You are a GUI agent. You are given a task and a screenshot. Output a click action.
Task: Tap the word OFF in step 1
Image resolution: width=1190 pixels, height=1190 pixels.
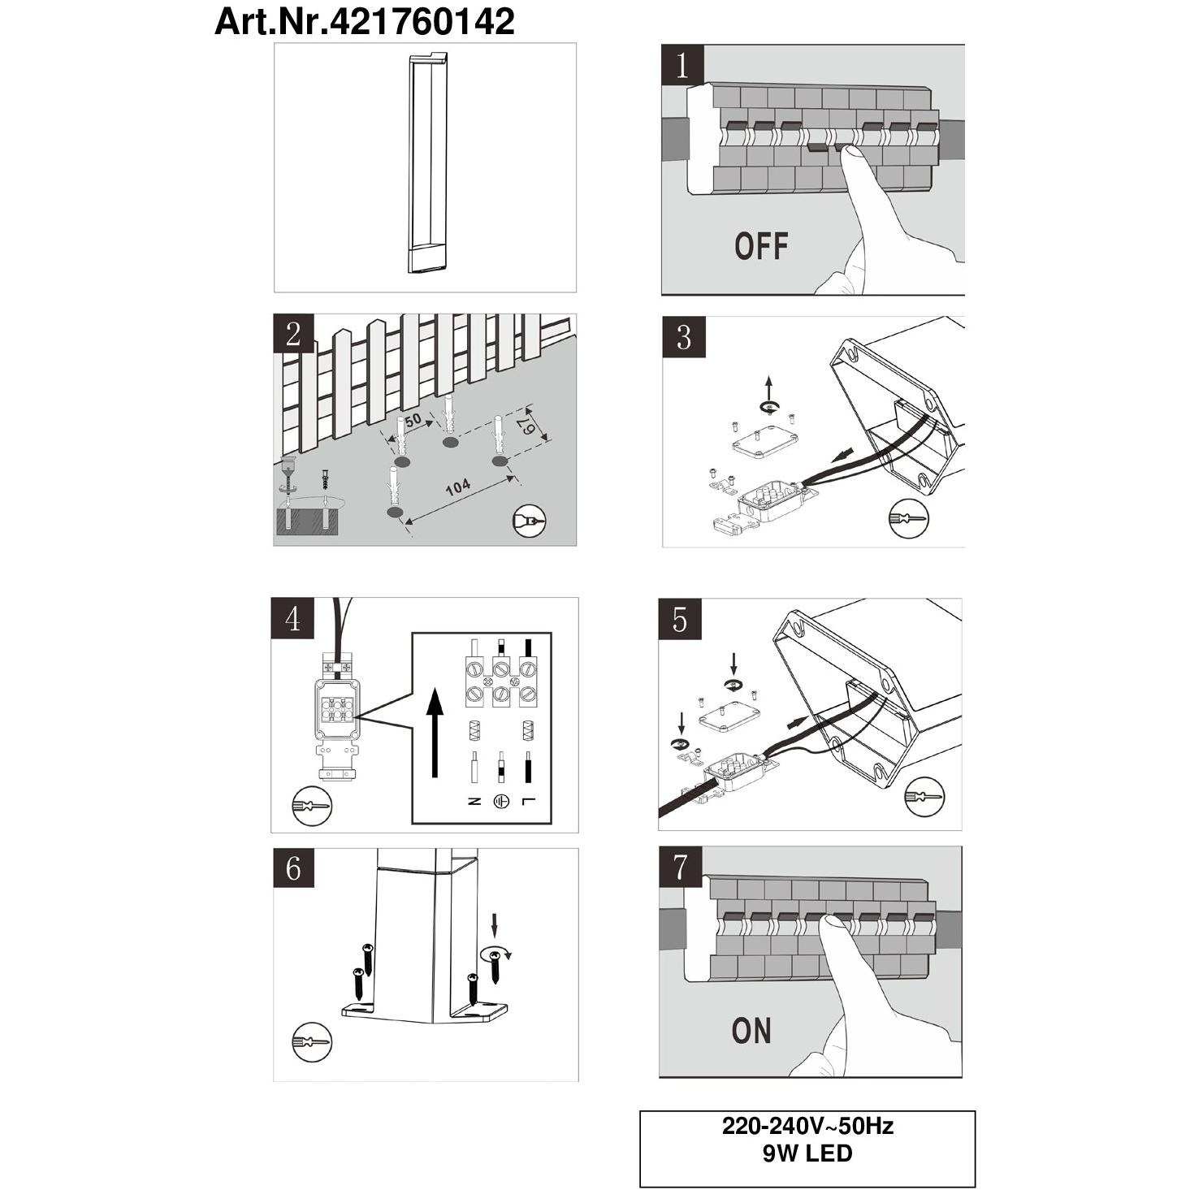click(761, 246)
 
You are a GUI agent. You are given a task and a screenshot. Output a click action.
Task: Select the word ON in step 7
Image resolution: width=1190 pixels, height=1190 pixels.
click(751, 1031)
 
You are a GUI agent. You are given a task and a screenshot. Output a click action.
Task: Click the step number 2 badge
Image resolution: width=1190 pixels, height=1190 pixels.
click(294, 334)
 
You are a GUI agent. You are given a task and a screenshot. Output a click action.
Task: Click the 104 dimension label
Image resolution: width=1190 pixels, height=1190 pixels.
click(457, 487)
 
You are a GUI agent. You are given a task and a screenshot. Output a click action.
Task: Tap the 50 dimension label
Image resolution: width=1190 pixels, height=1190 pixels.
click(413, 420)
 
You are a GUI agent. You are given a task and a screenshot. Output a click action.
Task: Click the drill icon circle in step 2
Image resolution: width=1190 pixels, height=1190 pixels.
click(530, 521)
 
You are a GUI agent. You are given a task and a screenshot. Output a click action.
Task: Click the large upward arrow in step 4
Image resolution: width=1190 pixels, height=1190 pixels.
click(436, 733)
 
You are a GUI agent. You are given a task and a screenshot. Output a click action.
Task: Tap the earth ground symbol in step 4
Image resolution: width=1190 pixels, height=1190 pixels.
click(500, 802)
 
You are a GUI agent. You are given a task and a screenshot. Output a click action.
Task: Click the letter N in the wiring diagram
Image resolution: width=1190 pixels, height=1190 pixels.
click(474, 802)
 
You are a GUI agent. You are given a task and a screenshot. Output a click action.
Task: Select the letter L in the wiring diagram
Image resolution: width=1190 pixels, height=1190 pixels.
click(527, 802)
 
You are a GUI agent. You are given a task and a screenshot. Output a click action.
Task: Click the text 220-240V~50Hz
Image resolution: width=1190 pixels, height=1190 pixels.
click(807, 1126)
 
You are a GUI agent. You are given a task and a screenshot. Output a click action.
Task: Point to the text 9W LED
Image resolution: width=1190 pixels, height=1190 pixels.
click(807, 1153)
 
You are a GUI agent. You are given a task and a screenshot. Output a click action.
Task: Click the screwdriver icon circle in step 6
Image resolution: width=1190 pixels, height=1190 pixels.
click(311, 1042)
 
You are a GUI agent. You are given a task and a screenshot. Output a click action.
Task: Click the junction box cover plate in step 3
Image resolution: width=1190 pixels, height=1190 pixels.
click(764, 444)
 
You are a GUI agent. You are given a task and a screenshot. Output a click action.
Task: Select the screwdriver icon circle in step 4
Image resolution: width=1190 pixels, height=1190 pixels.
click(311, 806)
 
